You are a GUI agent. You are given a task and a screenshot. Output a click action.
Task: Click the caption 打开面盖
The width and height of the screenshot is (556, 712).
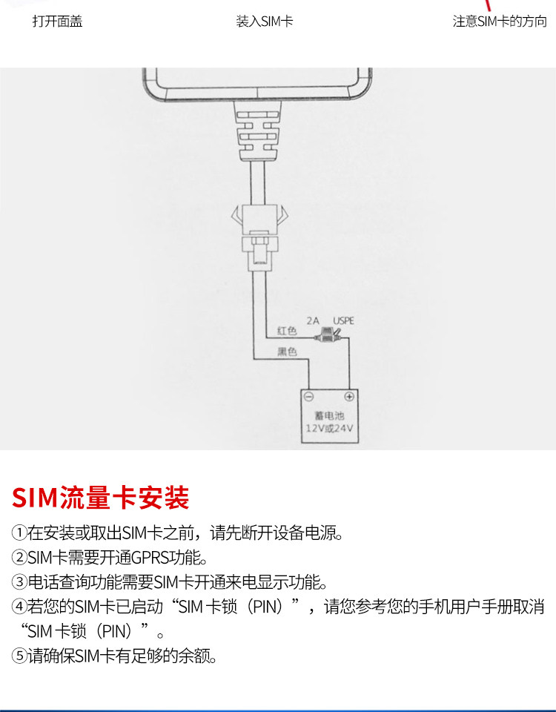tap(57, 22)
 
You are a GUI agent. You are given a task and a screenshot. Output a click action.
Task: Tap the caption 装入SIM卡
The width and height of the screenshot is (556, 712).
tap(265, 22)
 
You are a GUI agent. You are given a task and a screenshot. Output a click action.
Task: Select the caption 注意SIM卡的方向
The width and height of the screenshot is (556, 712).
tap(500, 22)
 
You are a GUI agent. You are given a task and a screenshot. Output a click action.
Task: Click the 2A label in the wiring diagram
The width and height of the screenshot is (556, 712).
tap(313, 322)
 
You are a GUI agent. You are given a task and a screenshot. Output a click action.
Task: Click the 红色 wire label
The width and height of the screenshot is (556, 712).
tap(287, 330)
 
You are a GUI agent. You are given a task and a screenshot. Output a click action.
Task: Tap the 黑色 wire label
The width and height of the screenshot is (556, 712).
tap(287, 352)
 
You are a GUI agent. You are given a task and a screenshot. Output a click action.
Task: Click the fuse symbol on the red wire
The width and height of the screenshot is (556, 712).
tap(324, 338)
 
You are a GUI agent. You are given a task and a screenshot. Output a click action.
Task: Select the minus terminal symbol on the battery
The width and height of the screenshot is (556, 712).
tap(309, 397)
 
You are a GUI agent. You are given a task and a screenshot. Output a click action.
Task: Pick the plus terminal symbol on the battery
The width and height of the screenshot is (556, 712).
tap(349, 397)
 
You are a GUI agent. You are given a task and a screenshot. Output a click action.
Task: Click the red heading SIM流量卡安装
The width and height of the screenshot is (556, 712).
tap(101, 498)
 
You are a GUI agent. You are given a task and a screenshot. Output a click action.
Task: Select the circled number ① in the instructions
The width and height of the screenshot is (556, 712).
tap(19, 533)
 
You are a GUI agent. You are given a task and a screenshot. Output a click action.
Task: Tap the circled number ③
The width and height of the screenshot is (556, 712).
tap(19, 581)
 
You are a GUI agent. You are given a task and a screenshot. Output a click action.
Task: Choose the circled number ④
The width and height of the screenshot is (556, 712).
tap(19, 607)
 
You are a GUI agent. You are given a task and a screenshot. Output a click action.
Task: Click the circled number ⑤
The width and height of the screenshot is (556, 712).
tap(19, 656)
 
